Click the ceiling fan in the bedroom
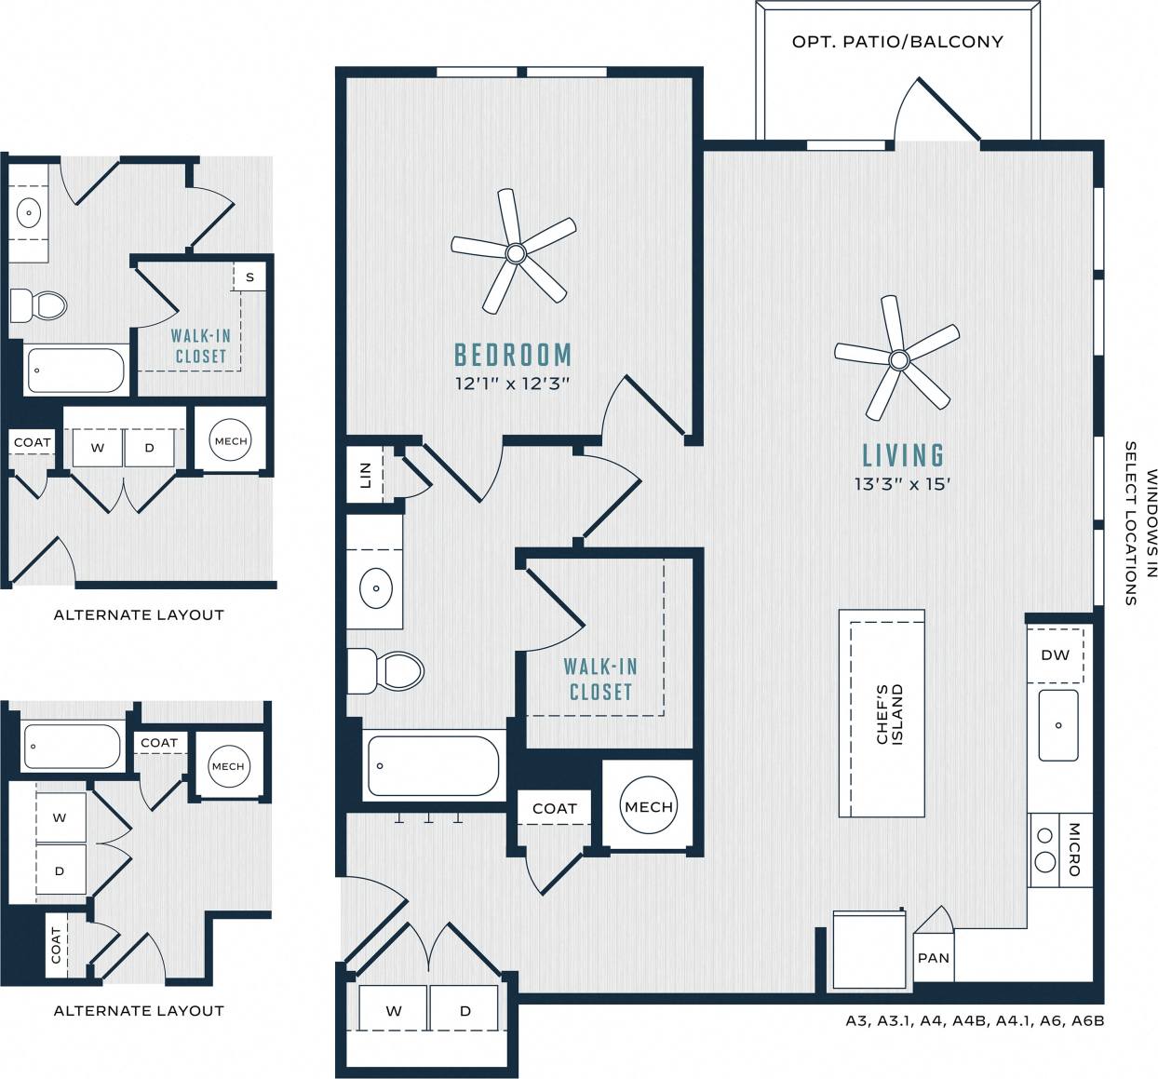click(514, 252)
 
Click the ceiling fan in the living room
click(898, 359)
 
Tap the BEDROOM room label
click(513, 355)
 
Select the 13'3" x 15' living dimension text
click(902, 484)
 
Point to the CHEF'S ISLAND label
click(890, 714)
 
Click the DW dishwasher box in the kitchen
click(1055, 654)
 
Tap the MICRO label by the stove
click(1075, 848)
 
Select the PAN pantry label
click(933, 957)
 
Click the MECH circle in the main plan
click(649, 806)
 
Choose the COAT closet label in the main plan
click(555, 808)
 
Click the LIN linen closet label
click(365, 475)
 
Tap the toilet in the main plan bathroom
click(386, 670)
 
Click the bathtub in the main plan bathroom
click(433, 765)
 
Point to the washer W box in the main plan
click(394, 1010)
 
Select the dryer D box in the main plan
click(465, 1010)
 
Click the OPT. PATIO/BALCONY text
click(897, 42)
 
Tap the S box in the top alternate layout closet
click(249, 276)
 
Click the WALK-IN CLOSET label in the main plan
click(600, 679)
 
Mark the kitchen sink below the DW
click(1058, 724)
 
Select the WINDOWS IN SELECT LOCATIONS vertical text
click(1140, 523)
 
